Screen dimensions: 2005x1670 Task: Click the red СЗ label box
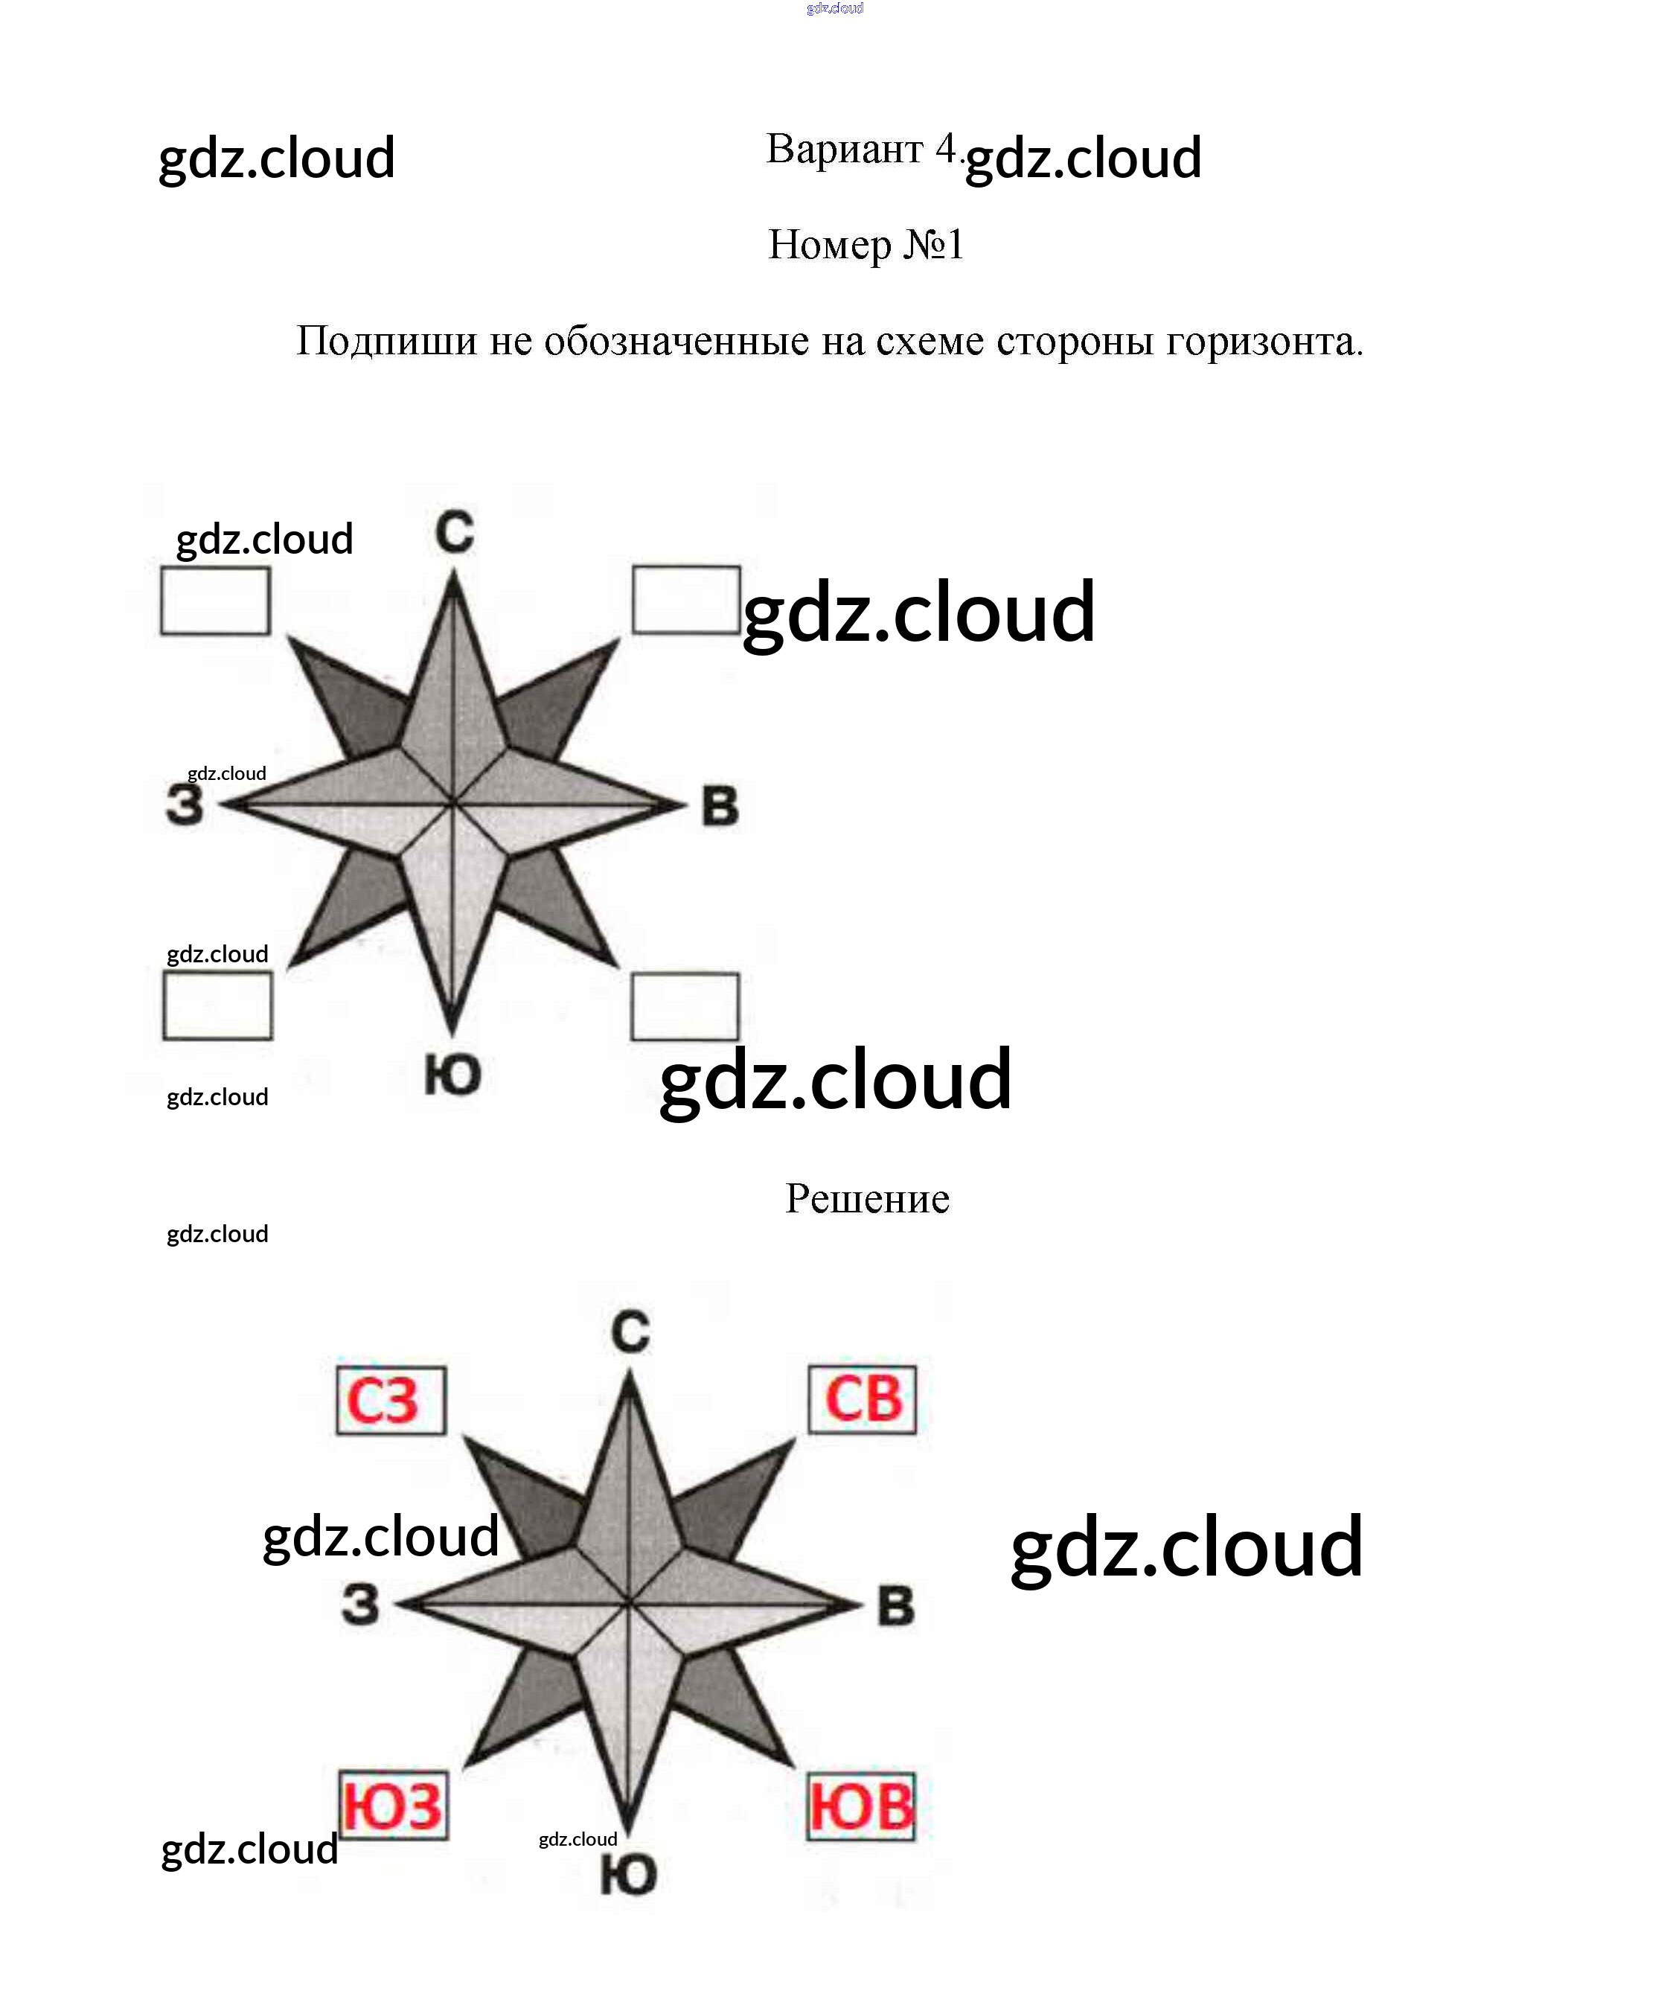tap(391, 1400)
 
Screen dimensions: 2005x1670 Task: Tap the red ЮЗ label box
tap(394, 1806)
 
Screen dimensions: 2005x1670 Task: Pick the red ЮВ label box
tap(861, 1806)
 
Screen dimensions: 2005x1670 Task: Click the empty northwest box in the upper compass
tap(215, 601)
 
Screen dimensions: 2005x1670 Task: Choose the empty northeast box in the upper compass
tap(685, 600)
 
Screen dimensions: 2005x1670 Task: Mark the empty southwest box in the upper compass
tap(218, 1005)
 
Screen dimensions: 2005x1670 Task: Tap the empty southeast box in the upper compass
tap(685, 1006)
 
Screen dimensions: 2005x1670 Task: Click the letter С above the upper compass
tap(455, 532)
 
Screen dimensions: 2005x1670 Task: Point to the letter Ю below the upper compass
tap(452, 1076)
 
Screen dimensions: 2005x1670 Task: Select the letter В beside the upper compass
tap(720, 806)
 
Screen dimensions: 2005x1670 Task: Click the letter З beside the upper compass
tap(185, 805)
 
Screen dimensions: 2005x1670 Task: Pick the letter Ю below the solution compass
tap(628, 1876)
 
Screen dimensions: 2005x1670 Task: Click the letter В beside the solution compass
tap(895, 1606)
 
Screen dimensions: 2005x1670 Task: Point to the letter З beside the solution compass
tap(361, 1605)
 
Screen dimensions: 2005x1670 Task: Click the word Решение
tap(867, 1199)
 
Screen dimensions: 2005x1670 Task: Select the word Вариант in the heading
tap(844, 149)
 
